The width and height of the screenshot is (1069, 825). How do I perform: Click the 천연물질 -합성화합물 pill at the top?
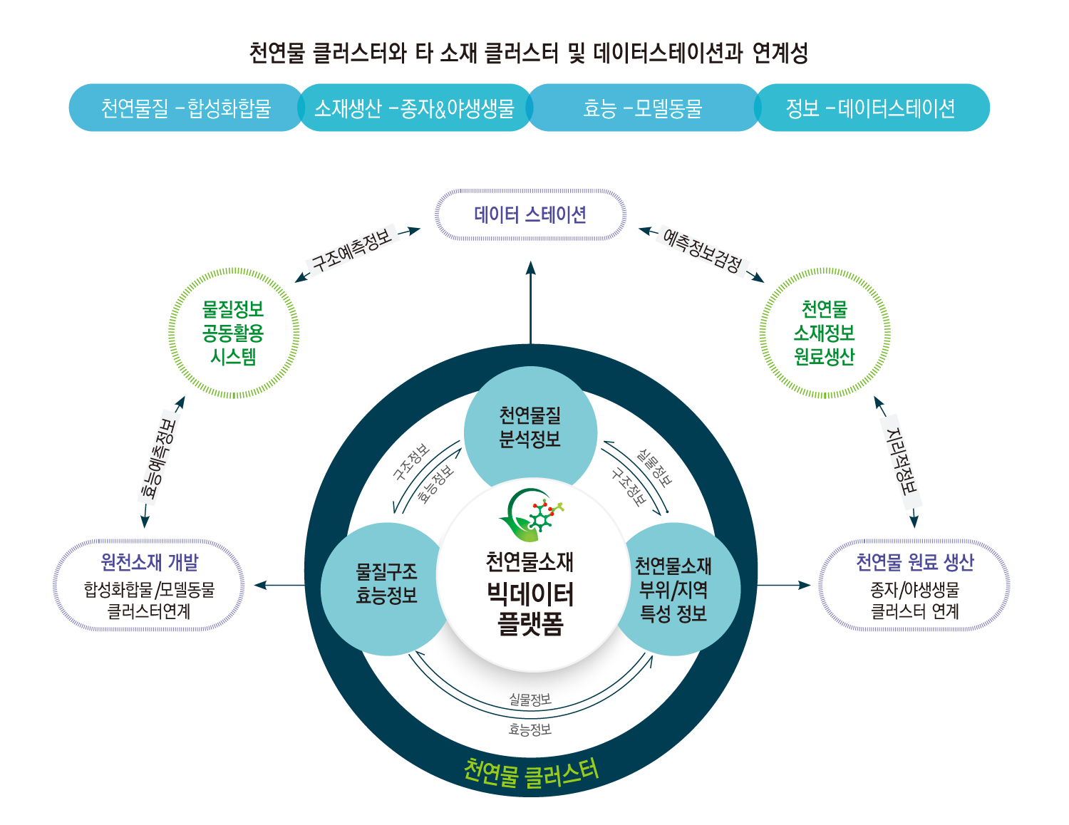point(186,108)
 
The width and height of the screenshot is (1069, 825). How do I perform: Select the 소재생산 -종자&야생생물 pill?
point(414,108)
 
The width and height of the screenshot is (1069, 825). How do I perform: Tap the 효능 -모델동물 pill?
point(642,108)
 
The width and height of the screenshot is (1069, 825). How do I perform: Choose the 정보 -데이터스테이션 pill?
point(871,108)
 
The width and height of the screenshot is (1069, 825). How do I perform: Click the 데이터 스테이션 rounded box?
point(530,214)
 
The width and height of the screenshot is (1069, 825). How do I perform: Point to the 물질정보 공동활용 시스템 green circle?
point(234,333)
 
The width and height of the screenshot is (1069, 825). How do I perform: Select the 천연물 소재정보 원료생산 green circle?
point(825,333)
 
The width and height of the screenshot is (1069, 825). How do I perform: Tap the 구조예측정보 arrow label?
point(352,250)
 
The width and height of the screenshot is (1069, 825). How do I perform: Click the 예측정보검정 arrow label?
point(702,251)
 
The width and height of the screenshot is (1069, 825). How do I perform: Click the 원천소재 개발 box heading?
point(150,563)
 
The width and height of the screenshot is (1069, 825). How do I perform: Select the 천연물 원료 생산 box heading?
point(914,563)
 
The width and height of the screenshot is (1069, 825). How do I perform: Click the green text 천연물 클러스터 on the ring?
point(531,772)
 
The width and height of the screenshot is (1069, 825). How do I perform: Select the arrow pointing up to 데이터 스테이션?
point(530,299)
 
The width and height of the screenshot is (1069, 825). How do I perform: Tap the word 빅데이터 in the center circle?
point(531,594)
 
